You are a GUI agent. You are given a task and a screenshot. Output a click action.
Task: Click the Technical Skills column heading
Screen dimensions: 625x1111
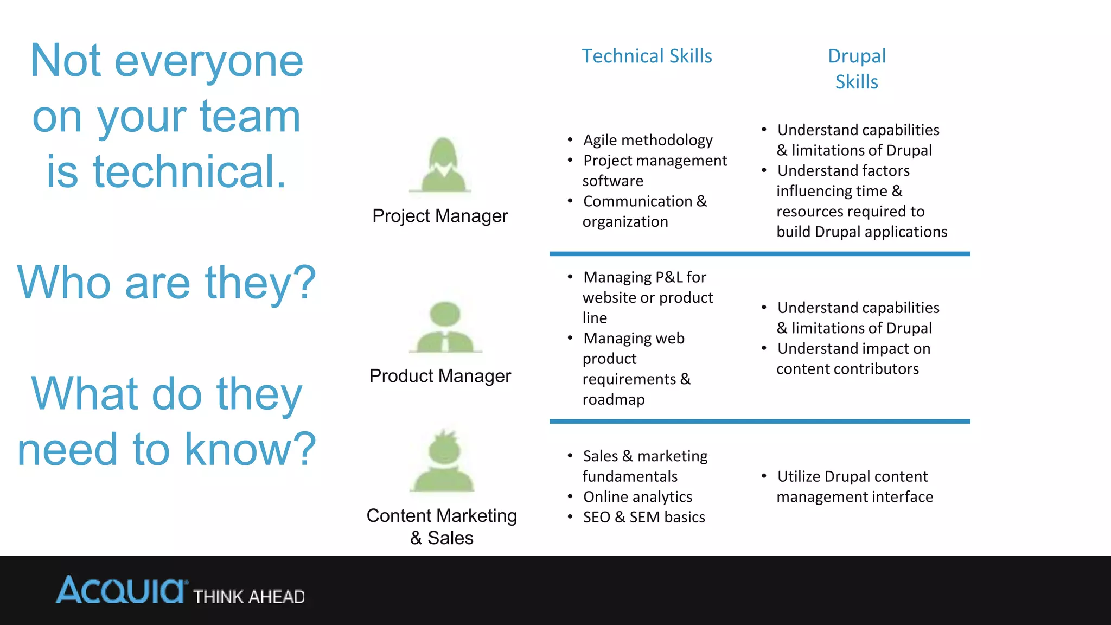(647, 56)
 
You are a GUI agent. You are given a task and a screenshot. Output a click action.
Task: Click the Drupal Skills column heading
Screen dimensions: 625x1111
(857, 69)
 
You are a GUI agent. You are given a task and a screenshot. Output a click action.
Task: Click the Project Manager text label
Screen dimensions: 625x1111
(440, 216)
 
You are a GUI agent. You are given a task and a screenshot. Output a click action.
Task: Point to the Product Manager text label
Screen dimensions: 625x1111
(440, 376)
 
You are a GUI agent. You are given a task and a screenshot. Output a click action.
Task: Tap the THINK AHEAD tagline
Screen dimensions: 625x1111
(249, 597)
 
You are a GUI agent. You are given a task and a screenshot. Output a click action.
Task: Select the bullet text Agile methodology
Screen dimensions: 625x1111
(648, 140)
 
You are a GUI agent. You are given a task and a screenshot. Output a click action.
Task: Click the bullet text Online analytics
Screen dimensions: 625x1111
(637, 497)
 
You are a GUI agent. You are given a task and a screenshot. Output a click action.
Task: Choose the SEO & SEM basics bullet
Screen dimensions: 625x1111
(644, 517)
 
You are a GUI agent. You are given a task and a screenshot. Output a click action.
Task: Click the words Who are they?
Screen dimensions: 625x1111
(167, 282)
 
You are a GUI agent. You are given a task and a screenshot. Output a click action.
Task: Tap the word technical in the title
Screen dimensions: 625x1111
(189, 171)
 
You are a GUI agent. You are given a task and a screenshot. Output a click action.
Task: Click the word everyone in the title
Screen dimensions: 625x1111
(209, 61)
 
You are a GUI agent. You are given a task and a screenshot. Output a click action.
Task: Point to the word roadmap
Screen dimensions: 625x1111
(614, 400)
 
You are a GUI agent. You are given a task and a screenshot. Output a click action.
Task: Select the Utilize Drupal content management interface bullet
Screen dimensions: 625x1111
(854, 487)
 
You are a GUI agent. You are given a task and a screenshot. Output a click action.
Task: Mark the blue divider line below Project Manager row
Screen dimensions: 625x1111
(759, 253)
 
